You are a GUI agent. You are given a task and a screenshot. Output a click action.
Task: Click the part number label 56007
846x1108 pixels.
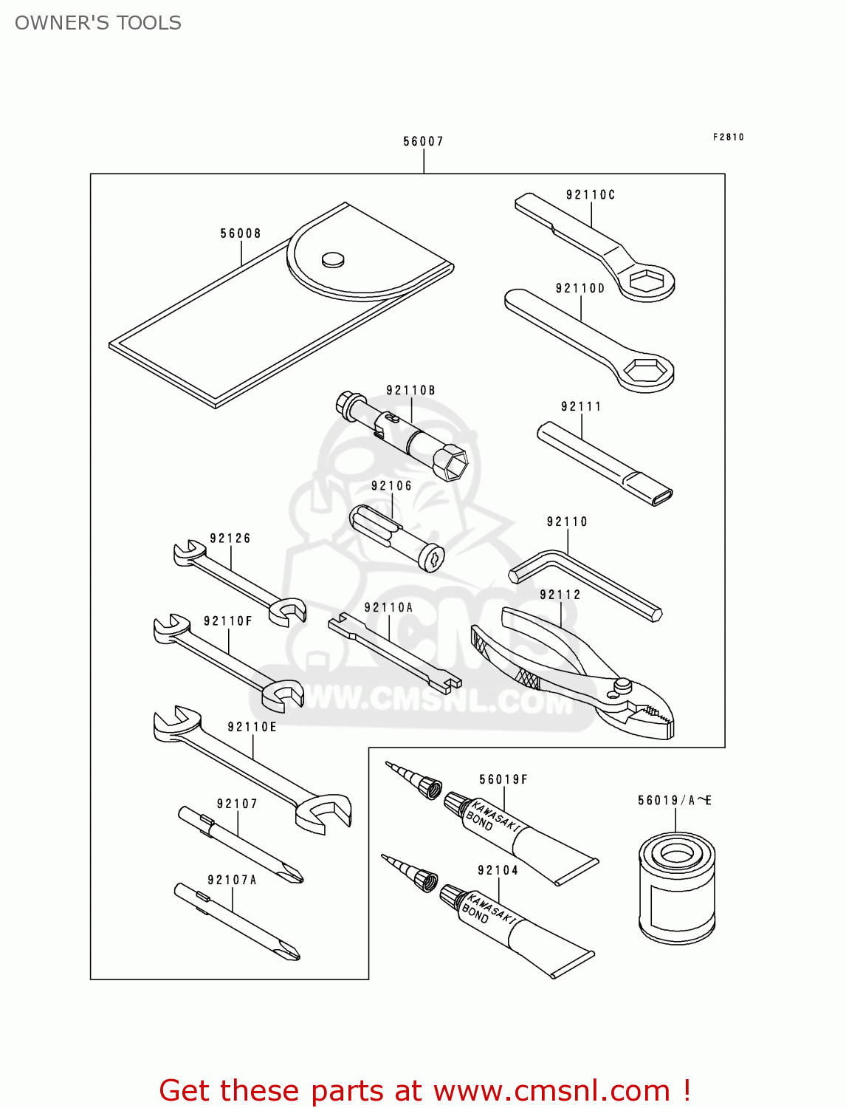423,141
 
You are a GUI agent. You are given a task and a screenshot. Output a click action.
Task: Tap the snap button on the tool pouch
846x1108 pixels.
333,259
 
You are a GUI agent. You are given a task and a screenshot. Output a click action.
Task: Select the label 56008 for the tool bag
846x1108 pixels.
241,233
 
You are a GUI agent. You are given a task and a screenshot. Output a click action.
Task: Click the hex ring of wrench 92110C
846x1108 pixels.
647,281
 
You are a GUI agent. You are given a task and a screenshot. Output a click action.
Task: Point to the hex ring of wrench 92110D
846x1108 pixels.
646,369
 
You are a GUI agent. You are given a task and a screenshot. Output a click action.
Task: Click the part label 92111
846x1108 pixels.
581,406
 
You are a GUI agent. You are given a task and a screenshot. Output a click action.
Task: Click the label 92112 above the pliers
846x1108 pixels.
560,595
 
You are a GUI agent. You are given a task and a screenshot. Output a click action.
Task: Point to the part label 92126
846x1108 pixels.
230,538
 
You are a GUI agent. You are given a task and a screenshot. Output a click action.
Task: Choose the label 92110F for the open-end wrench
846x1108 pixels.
228,621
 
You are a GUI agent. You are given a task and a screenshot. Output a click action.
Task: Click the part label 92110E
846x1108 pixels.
252,727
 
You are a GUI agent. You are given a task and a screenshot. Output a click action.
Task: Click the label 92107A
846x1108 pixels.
232,880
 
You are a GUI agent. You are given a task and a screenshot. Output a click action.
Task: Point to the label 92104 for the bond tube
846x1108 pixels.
498,870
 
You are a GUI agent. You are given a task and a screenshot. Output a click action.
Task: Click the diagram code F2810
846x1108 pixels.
729,137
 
